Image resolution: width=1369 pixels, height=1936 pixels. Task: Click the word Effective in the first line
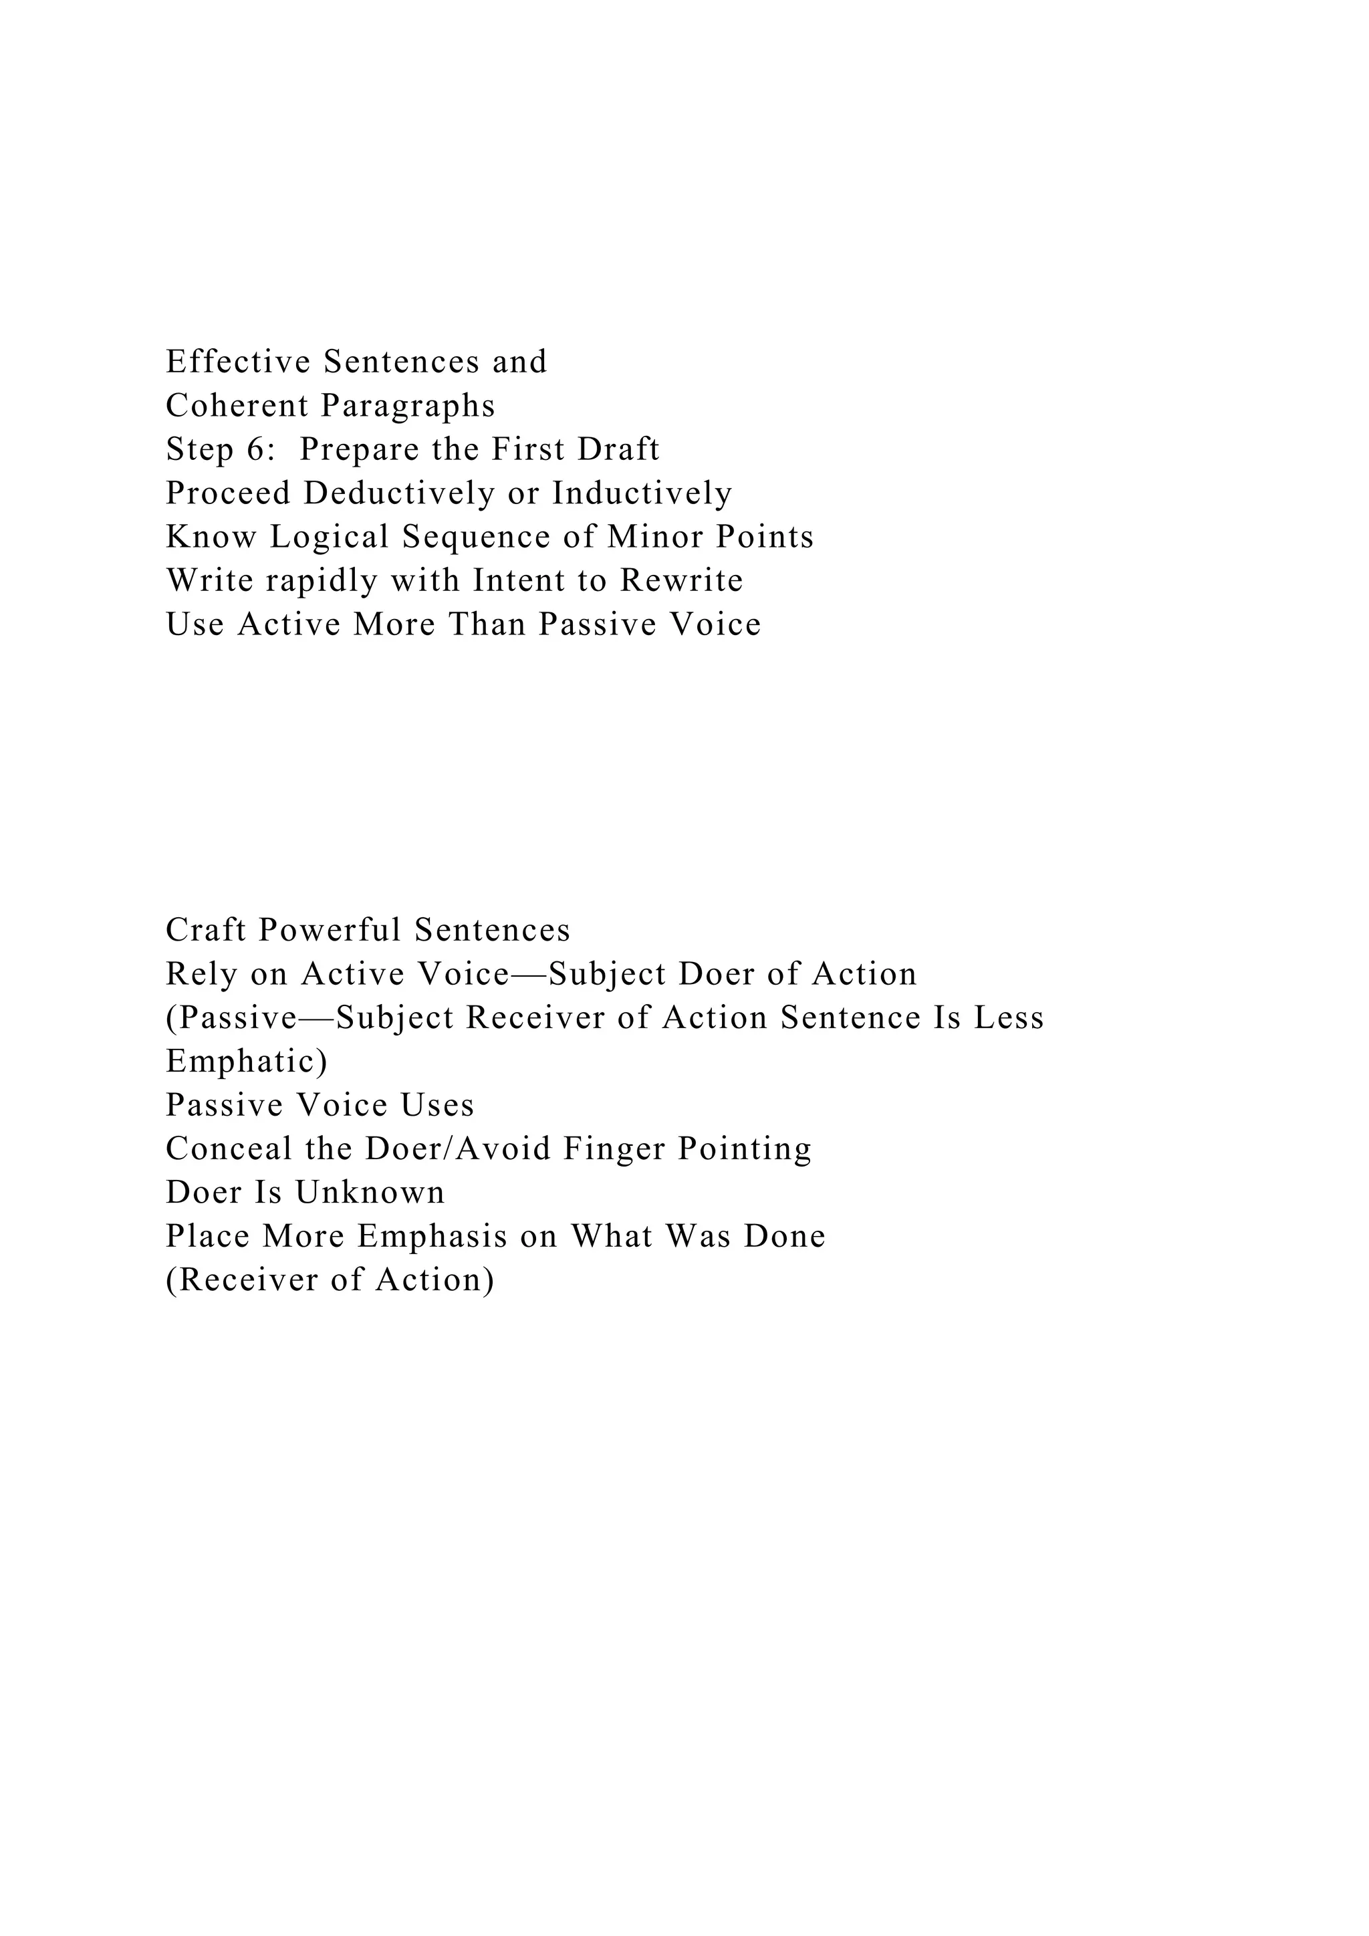[x=239, y=362]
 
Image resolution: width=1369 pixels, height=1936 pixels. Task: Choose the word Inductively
[x=642, y=493]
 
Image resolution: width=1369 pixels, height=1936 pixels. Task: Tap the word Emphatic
[x=246, y=1062]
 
